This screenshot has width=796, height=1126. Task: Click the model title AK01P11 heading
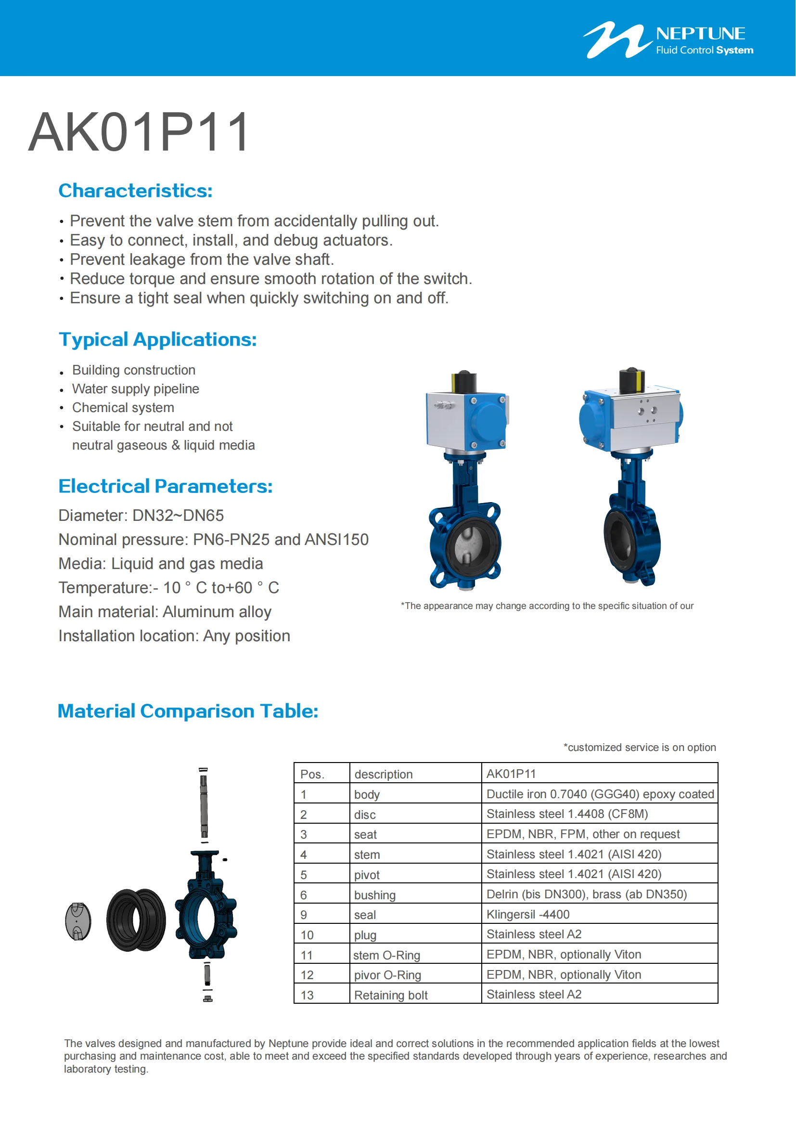[x=139, y=132]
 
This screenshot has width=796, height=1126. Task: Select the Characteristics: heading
[x=135, y=191]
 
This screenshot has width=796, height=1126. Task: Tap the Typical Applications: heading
[x=157, y=339]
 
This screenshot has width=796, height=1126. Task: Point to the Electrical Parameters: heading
[x=165, y=486]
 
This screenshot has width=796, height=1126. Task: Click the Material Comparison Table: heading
[x=188, y=711]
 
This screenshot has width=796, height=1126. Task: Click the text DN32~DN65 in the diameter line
[x=178, y=516]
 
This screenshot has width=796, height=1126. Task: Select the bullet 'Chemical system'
[x=123, y=408]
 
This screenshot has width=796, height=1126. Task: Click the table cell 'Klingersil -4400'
[x=528, y=914]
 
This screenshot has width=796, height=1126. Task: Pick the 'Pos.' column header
[x=312, y=774]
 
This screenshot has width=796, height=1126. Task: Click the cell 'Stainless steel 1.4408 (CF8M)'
[x=567, y=814]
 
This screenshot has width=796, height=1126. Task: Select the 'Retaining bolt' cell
[x=391, y=995]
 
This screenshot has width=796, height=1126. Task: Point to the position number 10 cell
[x=308, y=935]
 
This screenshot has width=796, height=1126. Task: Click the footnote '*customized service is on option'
[x=640, y=747]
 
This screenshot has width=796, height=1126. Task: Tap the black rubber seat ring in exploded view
[x=136, y=920]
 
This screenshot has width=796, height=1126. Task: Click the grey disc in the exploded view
[x=78, y=921]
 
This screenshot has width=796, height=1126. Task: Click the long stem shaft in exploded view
[x=204, y=804]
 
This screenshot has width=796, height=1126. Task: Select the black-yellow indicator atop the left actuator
[x=464, y=382]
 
